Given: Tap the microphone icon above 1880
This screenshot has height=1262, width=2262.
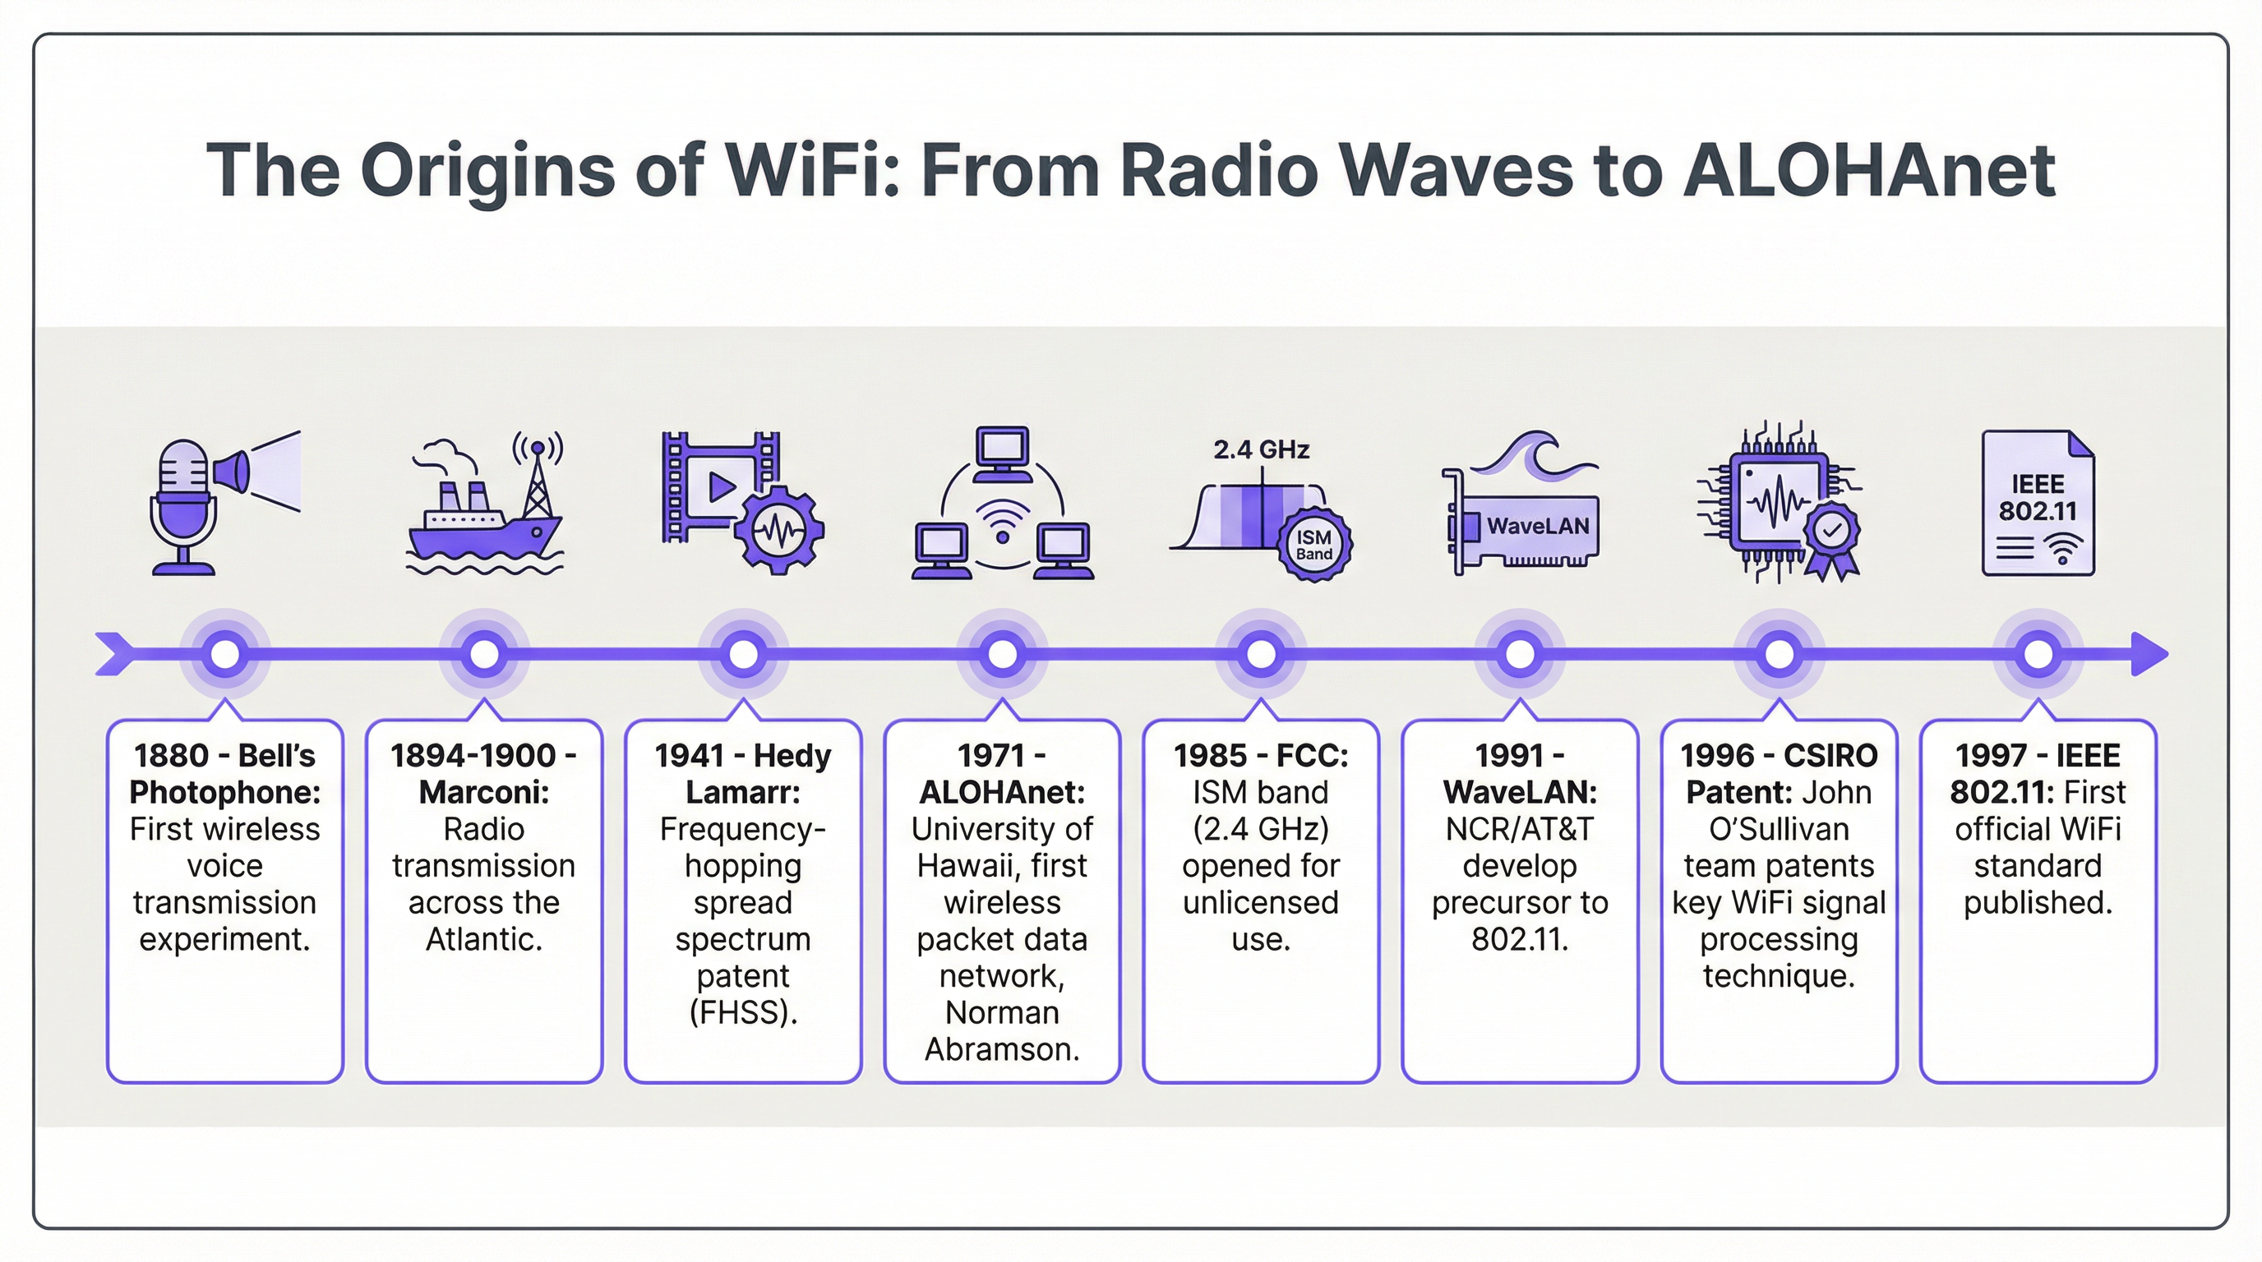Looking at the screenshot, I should pos(183,505).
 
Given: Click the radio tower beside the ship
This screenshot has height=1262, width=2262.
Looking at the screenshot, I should pos(538,478).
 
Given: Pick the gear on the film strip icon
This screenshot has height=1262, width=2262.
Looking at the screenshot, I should pos(779,529).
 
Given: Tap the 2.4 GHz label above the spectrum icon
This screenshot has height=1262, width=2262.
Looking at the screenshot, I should pos(1261,450).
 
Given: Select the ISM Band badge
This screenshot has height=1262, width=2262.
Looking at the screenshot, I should pos(1313,544).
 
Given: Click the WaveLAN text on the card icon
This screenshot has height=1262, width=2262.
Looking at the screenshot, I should pos(1538,527).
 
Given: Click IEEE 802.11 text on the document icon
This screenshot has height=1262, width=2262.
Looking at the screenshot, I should pos(2038,498).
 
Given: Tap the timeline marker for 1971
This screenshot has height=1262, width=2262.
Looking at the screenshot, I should pos(1002,655).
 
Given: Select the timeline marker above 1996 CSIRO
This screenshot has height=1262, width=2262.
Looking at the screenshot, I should pos(1779,655).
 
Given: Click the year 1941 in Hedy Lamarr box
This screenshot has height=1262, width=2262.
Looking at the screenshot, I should pos(689,756).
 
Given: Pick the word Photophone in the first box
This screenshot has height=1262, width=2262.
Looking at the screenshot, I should pos(224,793).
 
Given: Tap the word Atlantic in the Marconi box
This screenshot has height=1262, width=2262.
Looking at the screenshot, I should pos(484,939).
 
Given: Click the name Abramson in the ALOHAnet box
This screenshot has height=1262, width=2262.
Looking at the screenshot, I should pos(1002,1050).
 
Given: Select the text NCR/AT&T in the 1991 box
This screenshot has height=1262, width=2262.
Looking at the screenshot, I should pos(1519,829).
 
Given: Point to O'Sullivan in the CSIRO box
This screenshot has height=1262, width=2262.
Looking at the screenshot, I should pos(1779,829).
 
